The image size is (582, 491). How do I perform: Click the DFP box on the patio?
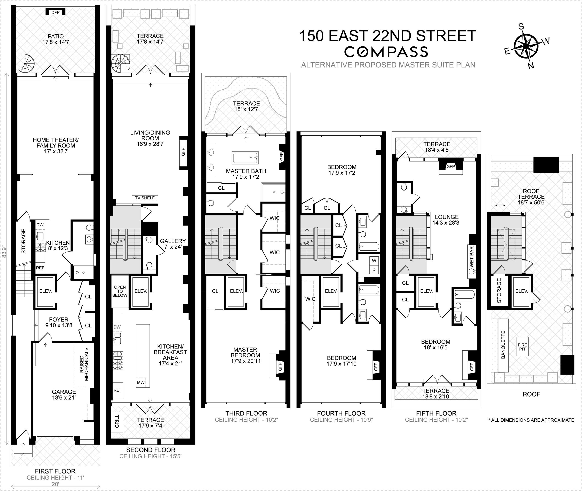[55, 12]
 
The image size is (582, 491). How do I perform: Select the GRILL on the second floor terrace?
[117, 421]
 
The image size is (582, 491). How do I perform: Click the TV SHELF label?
[145, 198]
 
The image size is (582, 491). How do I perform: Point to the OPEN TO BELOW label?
[120, 291]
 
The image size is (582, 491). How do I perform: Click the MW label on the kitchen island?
[141, 382]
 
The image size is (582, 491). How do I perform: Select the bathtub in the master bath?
[245, 158]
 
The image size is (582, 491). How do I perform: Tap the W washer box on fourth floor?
[374, 260]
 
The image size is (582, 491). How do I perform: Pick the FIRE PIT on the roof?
[522, 347]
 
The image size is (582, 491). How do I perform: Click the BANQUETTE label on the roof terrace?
[503, 345]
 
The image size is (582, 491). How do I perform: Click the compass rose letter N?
[531, 65]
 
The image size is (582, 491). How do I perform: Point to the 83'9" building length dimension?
[4, 251]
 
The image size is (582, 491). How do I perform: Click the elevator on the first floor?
[45, 291]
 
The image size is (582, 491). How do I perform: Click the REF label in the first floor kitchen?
[40, 268]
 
